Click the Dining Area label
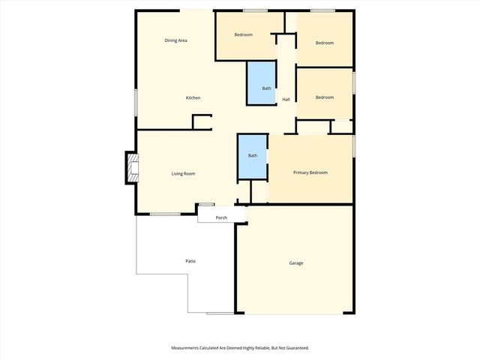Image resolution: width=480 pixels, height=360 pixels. [175, 40]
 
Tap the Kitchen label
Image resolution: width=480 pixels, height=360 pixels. [193, 98]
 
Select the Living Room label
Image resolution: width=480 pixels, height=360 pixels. [183, 173]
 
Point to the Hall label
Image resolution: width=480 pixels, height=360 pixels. [286, 100]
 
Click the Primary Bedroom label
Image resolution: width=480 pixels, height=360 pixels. [310, 172]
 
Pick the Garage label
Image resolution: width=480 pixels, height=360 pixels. [296, 262]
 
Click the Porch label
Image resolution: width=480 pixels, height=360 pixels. [221, 217]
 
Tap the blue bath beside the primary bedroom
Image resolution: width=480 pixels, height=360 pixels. [253, 156]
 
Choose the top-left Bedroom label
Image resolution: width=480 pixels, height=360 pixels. [243, 35]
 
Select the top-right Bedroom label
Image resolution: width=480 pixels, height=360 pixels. [324, 43]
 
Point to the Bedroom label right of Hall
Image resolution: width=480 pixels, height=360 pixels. [324, 97]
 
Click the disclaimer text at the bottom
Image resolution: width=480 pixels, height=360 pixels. [240, 348]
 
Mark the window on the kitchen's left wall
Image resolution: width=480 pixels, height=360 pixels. [136, 103]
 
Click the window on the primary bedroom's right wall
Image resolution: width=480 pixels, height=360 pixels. [354, 145]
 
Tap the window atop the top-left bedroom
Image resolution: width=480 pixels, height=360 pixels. [256, 10]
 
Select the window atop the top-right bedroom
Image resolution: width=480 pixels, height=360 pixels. [322, 10]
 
